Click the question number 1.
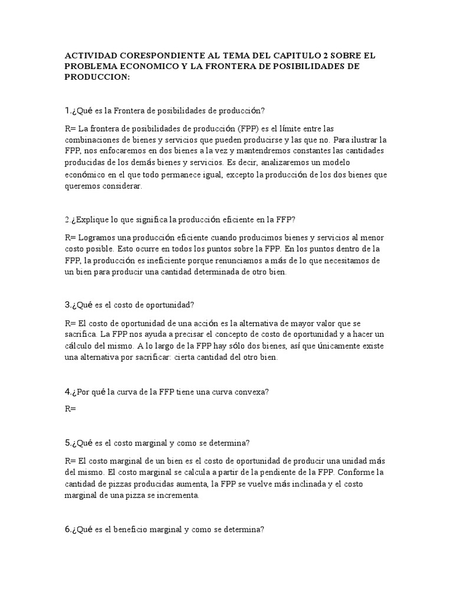click(x=67, y=111)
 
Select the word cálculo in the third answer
click(x=82, y=346)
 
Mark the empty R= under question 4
click(x=71, y=408)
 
